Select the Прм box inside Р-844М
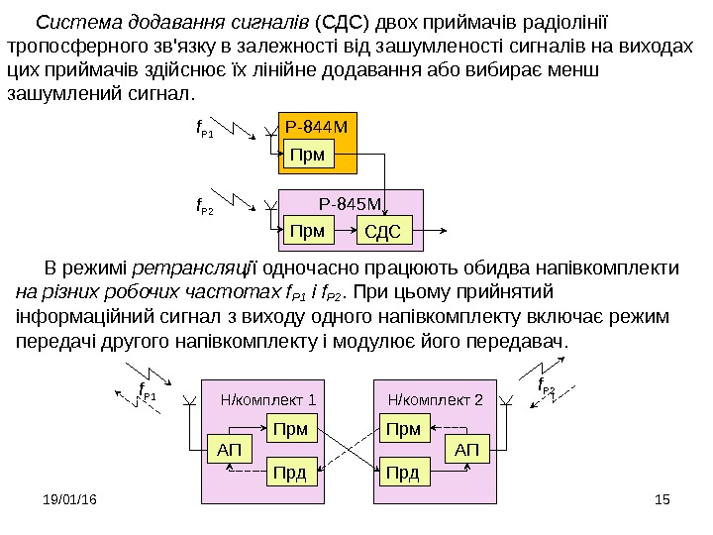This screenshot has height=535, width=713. click(x=307, y=153)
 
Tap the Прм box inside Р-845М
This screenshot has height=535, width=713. click(x=307, y=231)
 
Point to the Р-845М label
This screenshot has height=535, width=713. click(x=351, y=204)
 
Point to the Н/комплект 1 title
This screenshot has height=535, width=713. click(x=267, y=400)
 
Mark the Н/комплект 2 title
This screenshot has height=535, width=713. click(x=436, y=400)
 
